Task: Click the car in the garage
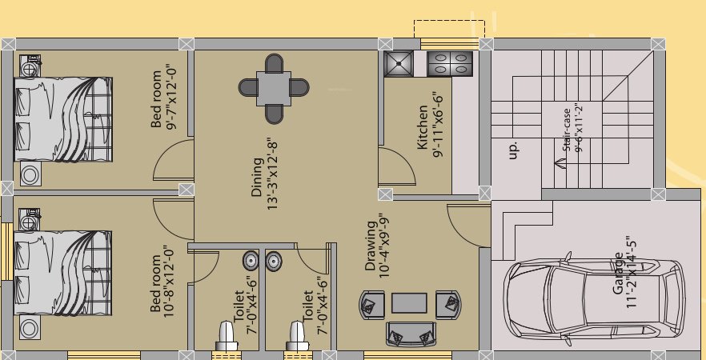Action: coord(593,297)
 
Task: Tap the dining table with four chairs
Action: coord(274,89)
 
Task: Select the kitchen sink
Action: coord(397,64)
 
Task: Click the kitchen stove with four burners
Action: coord(451,64)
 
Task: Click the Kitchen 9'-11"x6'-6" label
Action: coord(431,124)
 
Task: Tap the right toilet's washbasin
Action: coord(274,260)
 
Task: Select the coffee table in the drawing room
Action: coord(409,303)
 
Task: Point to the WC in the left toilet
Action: coord(226,336)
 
